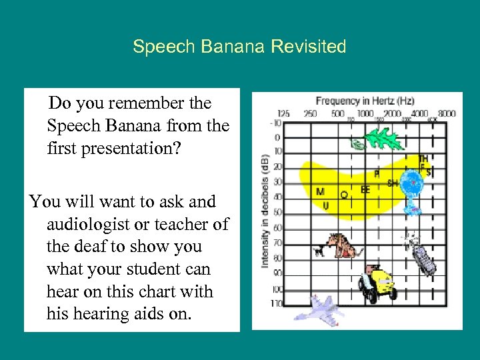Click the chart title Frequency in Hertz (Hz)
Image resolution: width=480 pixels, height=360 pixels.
(365, 101)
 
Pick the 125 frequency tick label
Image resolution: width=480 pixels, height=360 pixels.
(283, 113)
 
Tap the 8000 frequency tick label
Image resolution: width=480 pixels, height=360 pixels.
(447, 113)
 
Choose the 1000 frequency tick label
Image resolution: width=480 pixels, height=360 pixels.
(365, 113)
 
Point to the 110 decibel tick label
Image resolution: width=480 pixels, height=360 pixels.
(275, 303)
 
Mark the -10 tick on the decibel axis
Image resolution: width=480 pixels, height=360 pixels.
(276, 123)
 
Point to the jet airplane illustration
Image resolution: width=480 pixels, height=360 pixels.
(320, 309)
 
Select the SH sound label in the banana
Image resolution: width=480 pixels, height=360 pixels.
(393, 183)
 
